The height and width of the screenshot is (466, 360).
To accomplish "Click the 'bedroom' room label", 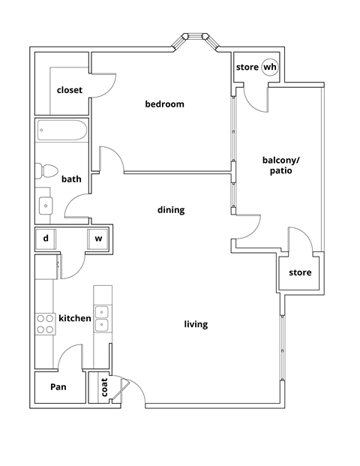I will [x=164, y=104].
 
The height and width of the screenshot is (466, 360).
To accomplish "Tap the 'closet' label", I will [x=70, y=90].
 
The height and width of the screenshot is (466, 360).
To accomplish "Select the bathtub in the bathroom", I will [x=61, y=132].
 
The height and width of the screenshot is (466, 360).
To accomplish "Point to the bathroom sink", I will [x=46, y=204].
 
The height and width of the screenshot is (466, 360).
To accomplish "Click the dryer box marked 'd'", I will [x=46, y=239].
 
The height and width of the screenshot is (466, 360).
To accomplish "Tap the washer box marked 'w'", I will [x=98, y=239].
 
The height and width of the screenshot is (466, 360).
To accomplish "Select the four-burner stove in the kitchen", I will [x=45, y=323].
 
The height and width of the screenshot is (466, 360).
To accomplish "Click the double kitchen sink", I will [x=101, y=318].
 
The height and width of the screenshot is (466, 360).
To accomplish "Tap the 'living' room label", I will [x=196, y=324].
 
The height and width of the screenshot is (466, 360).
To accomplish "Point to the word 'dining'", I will [x=170, y=210].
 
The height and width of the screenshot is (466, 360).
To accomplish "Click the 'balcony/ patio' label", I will [x=277, y=165].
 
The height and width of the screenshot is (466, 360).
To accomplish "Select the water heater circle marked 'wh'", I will [x=269, y=68].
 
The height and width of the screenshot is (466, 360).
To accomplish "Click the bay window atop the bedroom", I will [x=196, y=42].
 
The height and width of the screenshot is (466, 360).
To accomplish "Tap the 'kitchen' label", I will [x=75, y=318].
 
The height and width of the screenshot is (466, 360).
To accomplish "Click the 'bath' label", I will [x=71, y=179].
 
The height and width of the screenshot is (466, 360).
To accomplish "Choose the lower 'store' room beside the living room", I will [x=300, y=272].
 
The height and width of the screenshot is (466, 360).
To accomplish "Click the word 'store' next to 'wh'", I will [x=247, y=68].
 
